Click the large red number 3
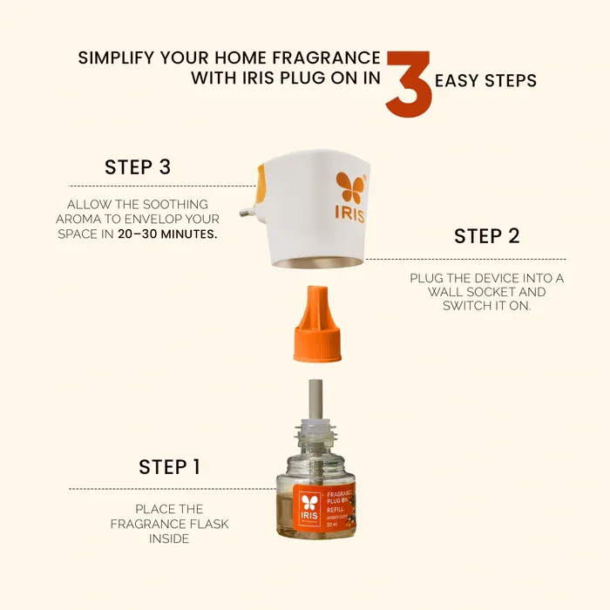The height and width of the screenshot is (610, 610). tap(409, 85)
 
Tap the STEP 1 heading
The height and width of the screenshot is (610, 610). tap(169, 467)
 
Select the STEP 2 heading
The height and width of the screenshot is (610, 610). tap(487, 236)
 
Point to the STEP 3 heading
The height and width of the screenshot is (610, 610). tap(137, 167)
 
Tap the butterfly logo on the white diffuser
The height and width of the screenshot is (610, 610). tap(349, 187)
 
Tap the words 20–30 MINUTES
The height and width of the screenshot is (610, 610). tap(168, 235)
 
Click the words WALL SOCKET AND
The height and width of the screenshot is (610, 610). tap(486, 293)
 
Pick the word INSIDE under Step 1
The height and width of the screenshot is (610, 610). tap(169, 539)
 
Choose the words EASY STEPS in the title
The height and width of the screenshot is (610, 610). tap(485, 81)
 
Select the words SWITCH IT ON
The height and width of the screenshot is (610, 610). tap(486, 307)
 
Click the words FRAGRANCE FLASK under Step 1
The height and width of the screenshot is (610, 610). tap(168, 524)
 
